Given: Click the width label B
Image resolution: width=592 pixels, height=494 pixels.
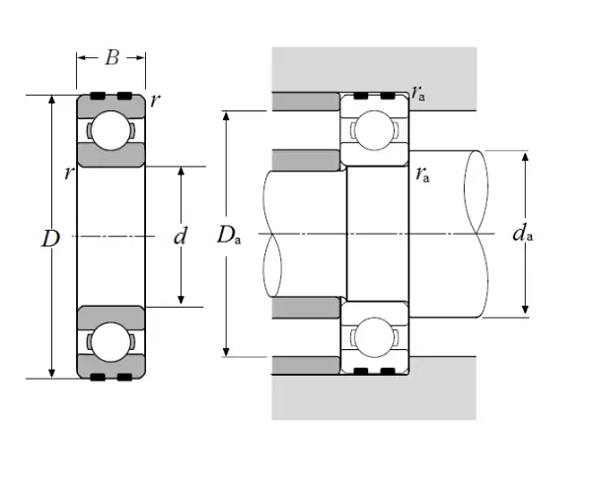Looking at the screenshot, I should pyautogui.click(x=111, y=58).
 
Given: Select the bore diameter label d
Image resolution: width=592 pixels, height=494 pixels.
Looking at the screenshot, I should pyautogui.click(x=180, y=237).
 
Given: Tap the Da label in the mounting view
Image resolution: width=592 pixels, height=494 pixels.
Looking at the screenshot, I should pyautogui.click(x=228, y=235).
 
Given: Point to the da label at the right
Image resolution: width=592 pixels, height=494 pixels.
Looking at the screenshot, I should pyautogui.click(x=523, y=234).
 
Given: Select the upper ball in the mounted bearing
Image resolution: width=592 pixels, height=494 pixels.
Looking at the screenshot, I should pyautogui.click(x=374, y=130).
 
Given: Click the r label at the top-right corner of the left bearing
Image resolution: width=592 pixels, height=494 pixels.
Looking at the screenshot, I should pyautogui.click(x=155, y=101).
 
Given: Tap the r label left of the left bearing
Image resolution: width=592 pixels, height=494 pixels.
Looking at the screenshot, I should pyautogui.click(x=67, y=174).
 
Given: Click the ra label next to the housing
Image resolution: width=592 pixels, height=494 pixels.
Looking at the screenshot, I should pyautogui.click(x=420, y=95).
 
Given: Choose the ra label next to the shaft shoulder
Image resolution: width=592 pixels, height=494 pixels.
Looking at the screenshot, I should pyautogui.click(x=422, y=176).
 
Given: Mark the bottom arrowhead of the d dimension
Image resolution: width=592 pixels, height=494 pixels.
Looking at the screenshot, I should pyautogui.click(x=181, y=301).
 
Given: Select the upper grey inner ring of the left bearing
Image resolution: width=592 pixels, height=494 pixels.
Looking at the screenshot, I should pyautogui.click(x=111, y=155).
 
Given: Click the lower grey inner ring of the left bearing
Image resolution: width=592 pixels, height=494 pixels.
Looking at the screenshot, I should pyautogui.click(x=111, y=318).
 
